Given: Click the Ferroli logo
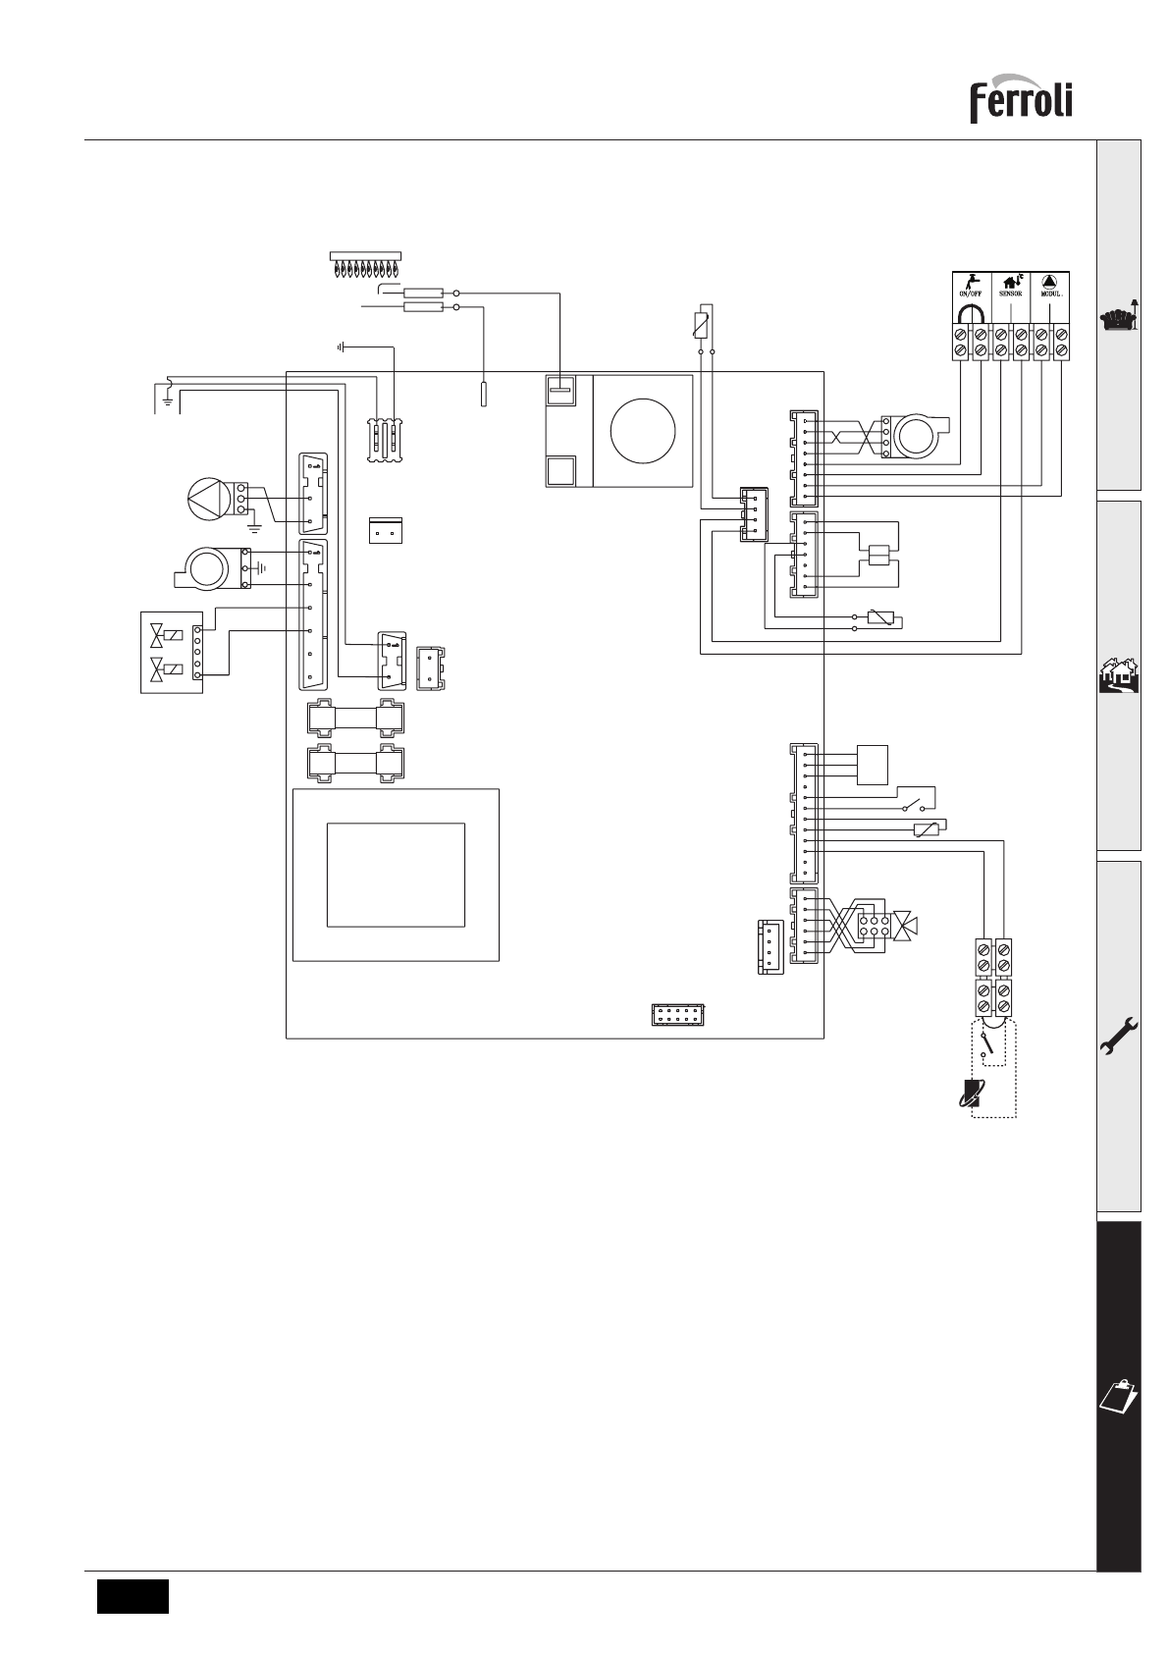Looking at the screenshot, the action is pos(1021,99).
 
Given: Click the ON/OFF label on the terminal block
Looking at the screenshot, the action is pos(971,293).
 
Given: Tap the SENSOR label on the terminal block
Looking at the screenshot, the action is pos(1010,293).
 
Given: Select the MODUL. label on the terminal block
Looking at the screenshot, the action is pos(1050,293).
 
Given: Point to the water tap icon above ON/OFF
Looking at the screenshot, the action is pos(971,281).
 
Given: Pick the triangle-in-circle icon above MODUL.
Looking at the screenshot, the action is pos(1050,281).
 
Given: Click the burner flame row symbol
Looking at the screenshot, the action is pos(365,264).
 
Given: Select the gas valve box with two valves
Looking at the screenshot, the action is pos(172,653).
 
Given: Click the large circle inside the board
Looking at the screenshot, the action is pos(643,431).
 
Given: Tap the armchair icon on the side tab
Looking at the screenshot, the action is pos(1119,317).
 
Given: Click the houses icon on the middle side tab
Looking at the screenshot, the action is pos(1119,675).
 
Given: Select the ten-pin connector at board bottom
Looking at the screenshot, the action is pos(678,1015).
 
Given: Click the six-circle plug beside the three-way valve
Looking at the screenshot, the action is pos(874,926).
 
